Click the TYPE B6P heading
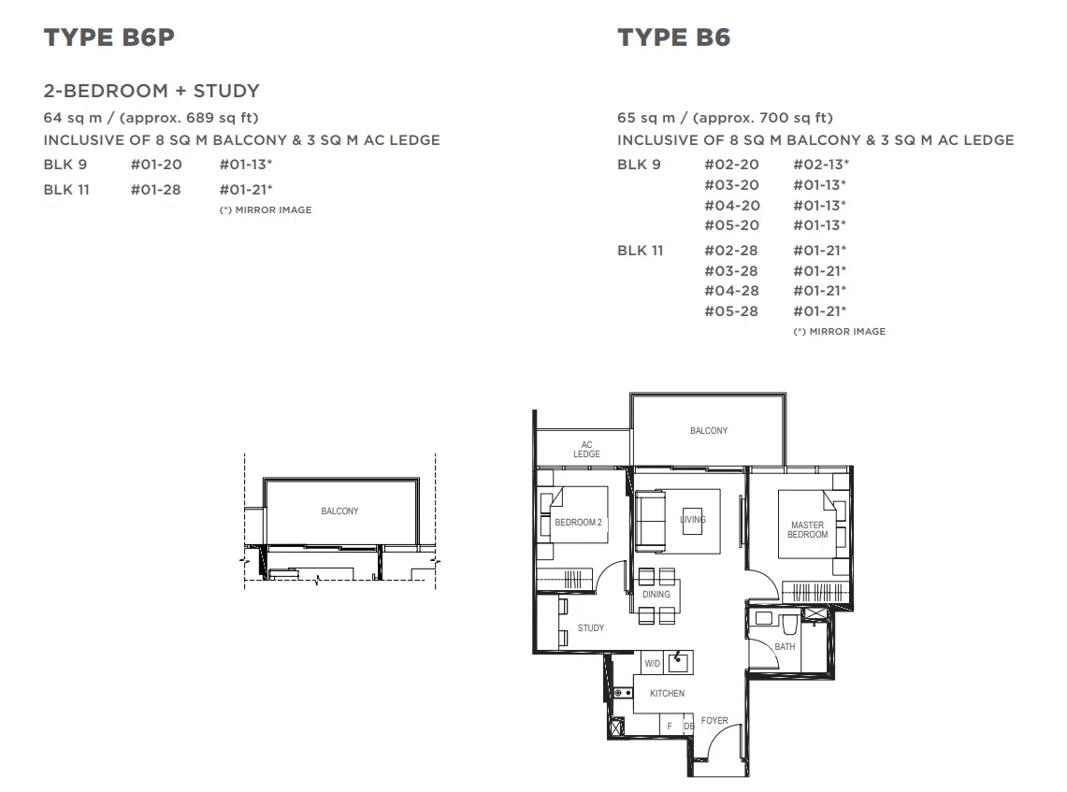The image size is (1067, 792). (108, 37)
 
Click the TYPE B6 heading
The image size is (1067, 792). (673, 37)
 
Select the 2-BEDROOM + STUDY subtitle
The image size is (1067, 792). (151, 91)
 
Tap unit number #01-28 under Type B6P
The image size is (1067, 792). (156, 190)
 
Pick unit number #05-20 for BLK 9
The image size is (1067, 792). (731, 225)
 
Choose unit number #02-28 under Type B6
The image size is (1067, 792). (731, 251)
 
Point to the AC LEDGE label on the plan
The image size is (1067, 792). (586, 449)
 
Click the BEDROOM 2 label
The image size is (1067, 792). (579, 523)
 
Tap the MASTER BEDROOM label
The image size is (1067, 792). (808, 530)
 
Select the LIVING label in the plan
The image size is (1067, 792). (693, 520)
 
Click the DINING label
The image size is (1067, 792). (656, 595)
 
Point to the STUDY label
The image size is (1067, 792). (591, 628)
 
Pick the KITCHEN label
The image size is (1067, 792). (667, 693)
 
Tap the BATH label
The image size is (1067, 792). (785, 647)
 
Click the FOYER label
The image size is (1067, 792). (714, 721)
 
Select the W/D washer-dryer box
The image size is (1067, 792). (653, 663)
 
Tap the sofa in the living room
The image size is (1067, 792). (651, 521)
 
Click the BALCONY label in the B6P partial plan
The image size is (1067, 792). (339, 511)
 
